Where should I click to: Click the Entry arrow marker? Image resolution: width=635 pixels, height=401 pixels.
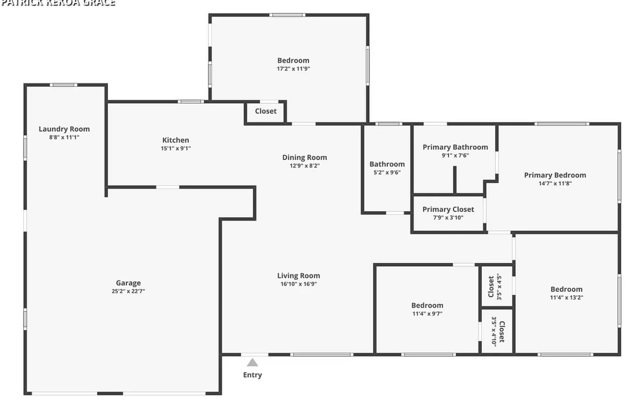click(x=252, y=363)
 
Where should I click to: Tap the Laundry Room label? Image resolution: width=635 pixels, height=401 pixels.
click(x=64, y=129)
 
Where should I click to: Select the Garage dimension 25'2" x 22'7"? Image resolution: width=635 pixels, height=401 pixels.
click(x=128, y=291)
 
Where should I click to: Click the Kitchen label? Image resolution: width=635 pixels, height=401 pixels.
click(x=176, y=140)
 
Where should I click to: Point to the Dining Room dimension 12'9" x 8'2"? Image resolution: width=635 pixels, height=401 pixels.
click(x=305, y=166)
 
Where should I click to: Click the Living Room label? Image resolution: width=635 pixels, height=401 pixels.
click(x=299, y=275)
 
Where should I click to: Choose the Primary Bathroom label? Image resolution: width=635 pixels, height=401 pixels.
click(x=455, y=147)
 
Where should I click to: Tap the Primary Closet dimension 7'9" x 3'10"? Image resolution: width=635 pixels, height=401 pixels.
click(x=448, y=217)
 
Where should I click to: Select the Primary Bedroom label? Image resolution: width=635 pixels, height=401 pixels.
click(x=555, y=175)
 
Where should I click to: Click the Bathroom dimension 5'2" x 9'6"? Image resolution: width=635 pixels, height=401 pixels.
click(x=387, y=172)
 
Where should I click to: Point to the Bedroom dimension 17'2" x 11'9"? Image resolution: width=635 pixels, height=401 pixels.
click(x=293, y=69)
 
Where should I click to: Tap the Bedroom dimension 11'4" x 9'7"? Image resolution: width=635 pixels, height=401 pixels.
click(x=427, y=313)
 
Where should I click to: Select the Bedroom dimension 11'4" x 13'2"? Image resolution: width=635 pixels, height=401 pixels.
click(x=566, y=297)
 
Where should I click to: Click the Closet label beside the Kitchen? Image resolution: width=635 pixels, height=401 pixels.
click(x=266, y=111)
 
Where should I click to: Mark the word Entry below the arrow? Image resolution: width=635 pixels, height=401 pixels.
click(x=252, y=375)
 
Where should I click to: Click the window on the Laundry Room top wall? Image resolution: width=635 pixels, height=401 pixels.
click(x=63, y=85)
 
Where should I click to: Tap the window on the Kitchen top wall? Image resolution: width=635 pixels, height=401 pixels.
click(x=190, y=102)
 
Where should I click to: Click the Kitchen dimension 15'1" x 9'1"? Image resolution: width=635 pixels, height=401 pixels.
click(x=176, y=148)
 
